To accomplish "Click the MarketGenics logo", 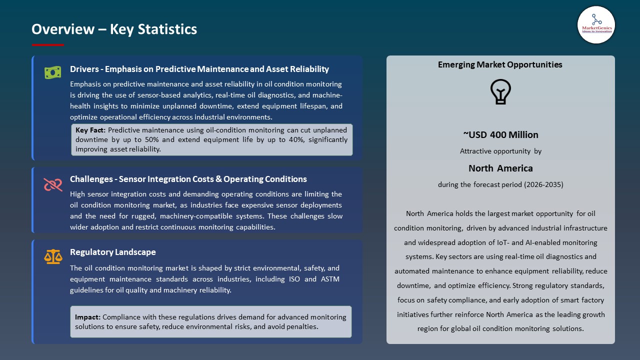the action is click(x=596, y=25).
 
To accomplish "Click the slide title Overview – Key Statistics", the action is click(x=114, y=29).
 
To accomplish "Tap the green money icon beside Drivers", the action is click(x=52, y=72).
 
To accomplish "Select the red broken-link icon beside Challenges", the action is click(x=52, y=185).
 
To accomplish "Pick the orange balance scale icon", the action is click(x=52, y=257).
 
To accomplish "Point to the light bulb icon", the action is click(x=500, y=92).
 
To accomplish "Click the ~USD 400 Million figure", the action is click(x=500, y=134).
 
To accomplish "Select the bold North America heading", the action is click(x=500, y=168).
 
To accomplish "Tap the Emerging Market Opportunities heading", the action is click(x=500, y=64).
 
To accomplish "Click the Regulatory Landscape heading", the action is click(x=112, y=252).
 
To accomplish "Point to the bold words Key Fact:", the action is click(x=90, y=130).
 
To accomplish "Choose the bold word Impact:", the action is click(x=87, y=317).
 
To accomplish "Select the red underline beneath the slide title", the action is click(x=47, y=45).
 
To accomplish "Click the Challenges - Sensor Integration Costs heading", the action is click(x=188, y=179).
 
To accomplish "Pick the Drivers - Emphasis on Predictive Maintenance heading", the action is click(x=199, y=69).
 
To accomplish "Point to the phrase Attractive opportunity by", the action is click(x=500, y=151).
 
